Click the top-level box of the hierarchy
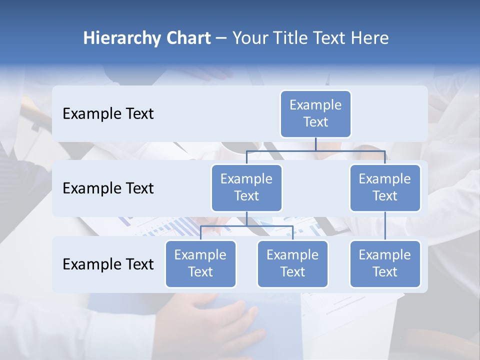pyautogui.click(x=315, y=113)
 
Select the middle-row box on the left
pyautogui.click(x=246, y=187)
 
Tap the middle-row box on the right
pyautogui.click(x=385, y=187)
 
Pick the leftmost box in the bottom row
pyautogui.click(x=200, y=263)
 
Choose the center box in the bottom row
pyautogui.click(x=292, y=263)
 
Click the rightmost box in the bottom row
pyautogui.click(x=385, y=263)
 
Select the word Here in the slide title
pyautogui.click(x=369, y=38)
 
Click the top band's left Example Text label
pyautogui.click(x=108, y=113)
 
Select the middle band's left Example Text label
pyautogui.click(x=108, y=188)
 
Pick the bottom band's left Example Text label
pyautogui.click(x=108, y=264)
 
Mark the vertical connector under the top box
pyautogui.click(x=315, y=144)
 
